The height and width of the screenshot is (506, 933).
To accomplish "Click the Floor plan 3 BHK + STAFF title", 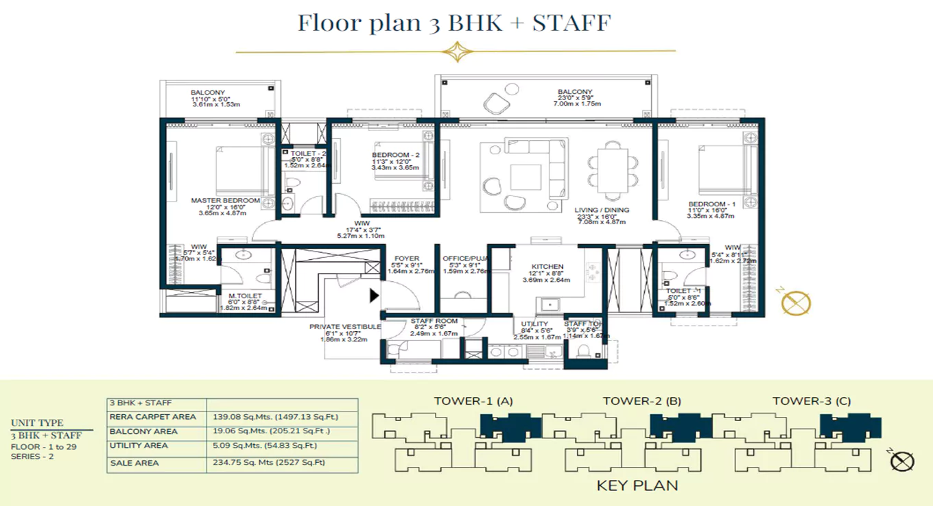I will [x=453, y=23].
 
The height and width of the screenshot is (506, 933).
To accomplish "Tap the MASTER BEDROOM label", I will [x=225, y=200].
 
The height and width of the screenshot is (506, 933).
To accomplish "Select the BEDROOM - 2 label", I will [x=394, y=155].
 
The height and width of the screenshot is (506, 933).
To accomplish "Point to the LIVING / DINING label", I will [x=602, y=210].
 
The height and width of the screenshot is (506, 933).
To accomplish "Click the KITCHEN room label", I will [x=547, y=267].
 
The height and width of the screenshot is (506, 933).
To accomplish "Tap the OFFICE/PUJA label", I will [x=464, y=258].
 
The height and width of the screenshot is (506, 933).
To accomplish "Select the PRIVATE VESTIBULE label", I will [x=344, y=327].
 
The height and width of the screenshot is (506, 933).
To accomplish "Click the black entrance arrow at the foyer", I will [x=374, y=296].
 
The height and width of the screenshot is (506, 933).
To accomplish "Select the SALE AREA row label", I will [x=134, y=463].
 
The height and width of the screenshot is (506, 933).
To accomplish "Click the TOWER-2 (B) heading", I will [x=641, y=401].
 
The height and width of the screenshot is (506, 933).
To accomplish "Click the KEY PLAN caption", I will [x=637, y=485].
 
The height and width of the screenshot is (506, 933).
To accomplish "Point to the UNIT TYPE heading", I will [x=37, y=423].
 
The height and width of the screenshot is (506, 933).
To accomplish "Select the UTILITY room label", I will [x=534, y=324].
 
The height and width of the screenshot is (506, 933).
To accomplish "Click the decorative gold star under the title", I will [x=454, y=51].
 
